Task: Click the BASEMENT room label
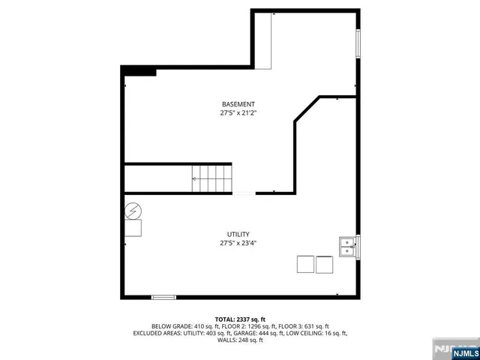[238, 103]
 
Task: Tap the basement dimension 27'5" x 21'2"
[238, 113]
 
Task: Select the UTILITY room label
[238, 234]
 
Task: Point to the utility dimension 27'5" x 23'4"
[238, 244]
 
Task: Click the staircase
[212, 178]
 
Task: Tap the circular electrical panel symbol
[133, 211]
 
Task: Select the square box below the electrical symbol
[133, 228]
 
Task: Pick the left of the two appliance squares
[306, 264]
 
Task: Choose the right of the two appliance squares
[324, 264]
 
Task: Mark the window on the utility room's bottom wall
[163, 298]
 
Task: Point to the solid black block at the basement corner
[139, 71]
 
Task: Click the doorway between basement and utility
[244, 193]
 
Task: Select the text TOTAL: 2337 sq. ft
[240, 319]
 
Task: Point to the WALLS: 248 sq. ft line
[240, 340]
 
